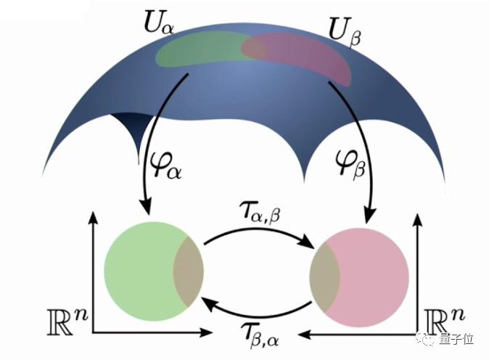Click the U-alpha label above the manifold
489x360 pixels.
[x=159, y=22]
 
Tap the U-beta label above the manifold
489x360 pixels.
[x=345, y=35]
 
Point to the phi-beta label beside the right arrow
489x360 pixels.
[x=350, y=164]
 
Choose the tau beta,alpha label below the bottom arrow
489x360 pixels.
[x=260, y=336]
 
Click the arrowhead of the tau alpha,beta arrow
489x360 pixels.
[x=307, y=242]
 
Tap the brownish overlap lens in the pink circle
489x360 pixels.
[x=324, y=277]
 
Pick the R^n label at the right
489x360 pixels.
[x=444, y=321]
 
